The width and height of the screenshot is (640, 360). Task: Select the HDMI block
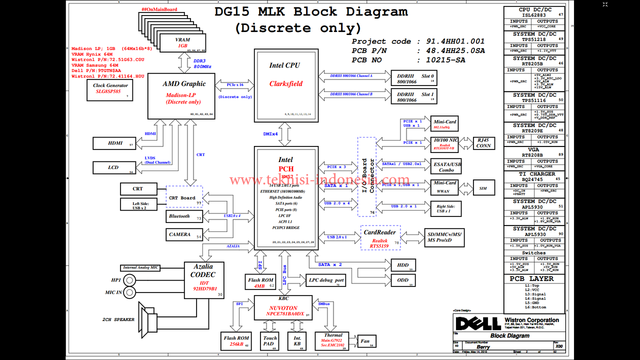[x=115, y=143]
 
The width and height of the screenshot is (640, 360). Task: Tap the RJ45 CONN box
[x=483, y=143]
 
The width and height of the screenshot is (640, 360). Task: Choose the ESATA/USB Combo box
[x=446, y=167]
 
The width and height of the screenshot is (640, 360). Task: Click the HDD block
[x=403, y=265]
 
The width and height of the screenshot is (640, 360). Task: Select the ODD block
[x=403, y=280]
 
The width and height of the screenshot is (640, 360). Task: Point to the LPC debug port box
[x=326, y=280]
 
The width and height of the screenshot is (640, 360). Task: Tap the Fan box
[x=365, y=342]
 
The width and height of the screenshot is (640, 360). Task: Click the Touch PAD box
[x=270, y=341]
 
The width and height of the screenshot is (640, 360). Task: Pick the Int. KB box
[x=297, y=341]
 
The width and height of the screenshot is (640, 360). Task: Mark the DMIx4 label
[x=271, y=134]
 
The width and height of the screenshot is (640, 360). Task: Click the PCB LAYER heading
[x=534, y=279]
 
